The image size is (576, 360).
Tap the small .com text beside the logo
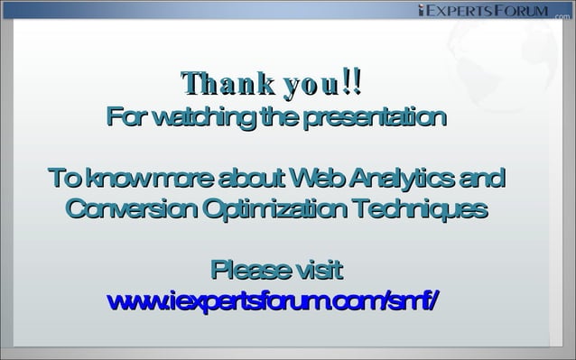tap(562, 14)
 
